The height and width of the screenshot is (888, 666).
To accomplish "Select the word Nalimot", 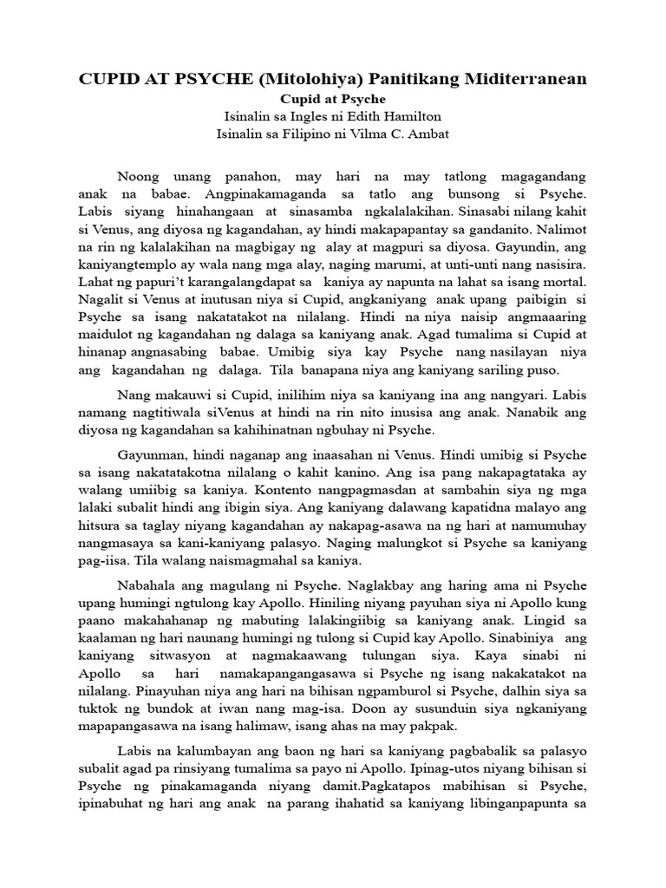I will click(x=555, y=230).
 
